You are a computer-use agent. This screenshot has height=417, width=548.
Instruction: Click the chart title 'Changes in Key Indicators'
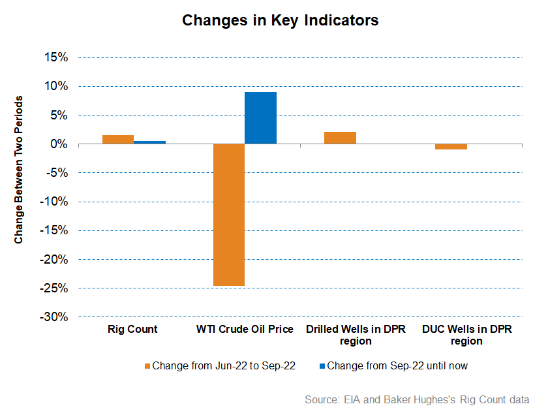pos(280,20)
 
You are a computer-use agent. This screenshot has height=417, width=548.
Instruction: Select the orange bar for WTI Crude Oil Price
pos(228,215)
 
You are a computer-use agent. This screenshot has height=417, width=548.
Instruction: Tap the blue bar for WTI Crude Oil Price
pos(260,117)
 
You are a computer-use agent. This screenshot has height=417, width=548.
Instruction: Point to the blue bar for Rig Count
pos(149,142)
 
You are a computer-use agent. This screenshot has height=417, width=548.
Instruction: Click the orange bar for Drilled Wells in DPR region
pos(340,138)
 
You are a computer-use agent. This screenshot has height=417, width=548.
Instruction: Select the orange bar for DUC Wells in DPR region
pos(451,146)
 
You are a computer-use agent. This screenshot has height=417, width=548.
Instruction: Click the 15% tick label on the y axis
pos(56,57)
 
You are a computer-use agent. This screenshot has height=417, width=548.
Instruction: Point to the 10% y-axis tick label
pos(56,86)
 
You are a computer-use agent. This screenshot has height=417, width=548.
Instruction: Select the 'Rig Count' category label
pos(132,330)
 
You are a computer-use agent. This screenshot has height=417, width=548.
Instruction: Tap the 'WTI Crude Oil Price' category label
pos(245,330)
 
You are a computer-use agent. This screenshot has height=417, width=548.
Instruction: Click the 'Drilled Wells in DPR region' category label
pos(356,335)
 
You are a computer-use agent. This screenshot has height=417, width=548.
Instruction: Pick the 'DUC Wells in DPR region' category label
pos(466,335)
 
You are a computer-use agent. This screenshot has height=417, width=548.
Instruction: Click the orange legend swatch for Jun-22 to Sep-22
pos(147,366)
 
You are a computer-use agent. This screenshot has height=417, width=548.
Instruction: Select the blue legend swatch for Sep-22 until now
pos(322,366)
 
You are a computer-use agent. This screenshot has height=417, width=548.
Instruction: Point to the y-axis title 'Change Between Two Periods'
pos(19,171)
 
